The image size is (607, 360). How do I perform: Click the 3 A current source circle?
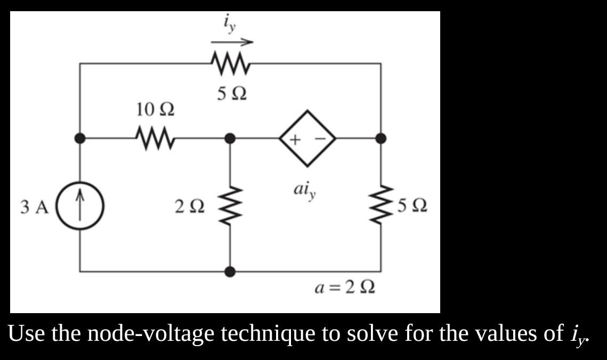(80, 205)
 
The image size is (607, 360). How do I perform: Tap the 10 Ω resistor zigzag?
(155, 138)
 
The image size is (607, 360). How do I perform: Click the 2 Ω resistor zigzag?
(230, 205)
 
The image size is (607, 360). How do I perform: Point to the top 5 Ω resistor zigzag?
(231, 63)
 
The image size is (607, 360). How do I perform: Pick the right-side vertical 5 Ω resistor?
(381, 205)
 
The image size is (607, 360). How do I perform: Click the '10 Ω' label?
(155, 110)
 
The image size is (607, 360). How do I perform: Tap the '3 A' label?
(34, 206)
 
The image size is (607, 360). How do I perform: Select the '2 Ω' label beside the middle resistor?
(189, 206)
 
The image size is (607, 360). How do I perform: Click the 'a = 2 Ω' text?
(344, 288)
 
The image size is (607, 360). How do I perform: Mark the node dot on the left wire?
(80, 138)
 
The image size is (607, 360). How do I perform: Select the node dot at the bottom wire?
(230, 272)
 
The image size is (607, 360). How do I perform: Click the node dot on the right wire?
(381, 138)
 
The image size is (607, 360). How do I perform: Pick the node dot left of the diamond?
(230, 138)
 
